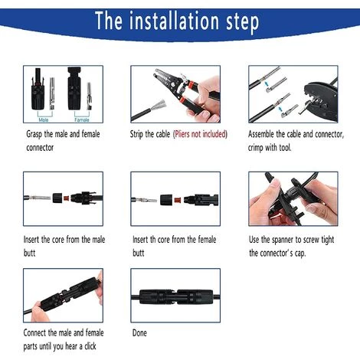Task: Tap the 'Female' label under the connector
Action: [80, 119]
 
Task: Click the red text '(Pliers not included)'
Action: [205, 133]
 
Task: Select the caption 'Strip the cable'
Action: [150, 133]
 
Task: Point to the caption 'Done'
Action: [139, 333]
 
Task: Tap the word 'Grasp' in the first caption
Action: [34, 133]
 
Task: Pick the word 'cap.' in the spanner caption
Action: [310, 254]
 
